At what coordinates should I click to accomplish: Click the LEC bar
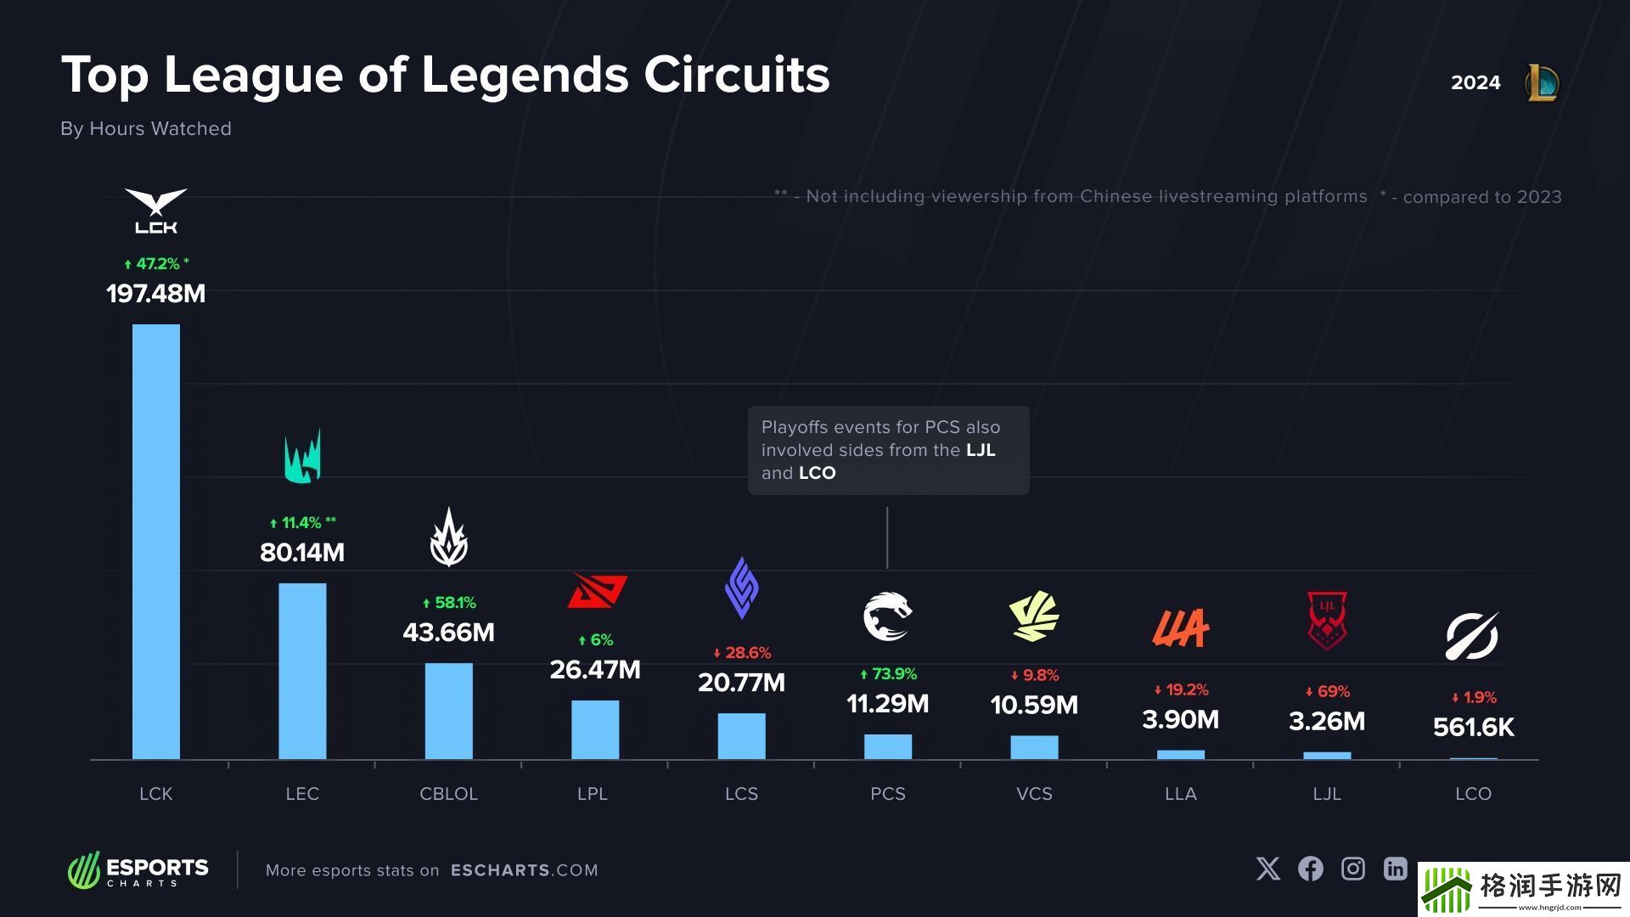coord(302,671)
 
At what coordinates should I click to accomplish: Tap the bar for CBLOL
coord(448,711)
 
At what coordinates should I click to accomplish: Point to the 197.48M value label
coord(156,294)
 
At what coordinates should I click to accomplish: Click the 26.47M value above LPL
coord(594,670)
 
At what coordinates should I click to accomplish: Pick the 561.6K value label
coord(1473,728)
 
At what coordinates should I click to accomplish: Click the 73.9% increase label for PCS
coord(888,674)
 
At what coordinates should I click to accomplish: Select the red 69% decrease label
coord(1327,692)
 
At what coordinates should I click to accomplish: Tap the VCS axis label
coord(1034,794)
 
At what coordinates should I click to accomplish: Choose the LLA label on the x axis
coord(1180,794)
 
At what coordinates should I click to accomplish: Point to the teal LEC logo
coord(302,457)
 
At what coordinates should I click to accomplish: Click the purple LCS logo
coord(741,588)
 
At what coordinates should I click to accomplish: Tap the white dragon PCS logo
coord(887,617)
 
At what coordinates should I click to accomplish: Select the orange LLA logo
coord(1180,628)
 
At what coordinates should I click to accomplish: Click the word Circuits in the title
coord(736,75)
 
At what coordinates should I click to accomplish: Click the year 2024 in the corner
coord(1475,82)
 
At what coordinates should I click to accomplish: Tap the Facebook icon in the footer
coord(1310,869)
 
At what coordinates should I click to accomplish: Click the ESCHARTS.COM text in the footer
coord(524,870)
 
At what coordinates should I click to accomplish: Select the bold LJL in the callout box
coord(981,450)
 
